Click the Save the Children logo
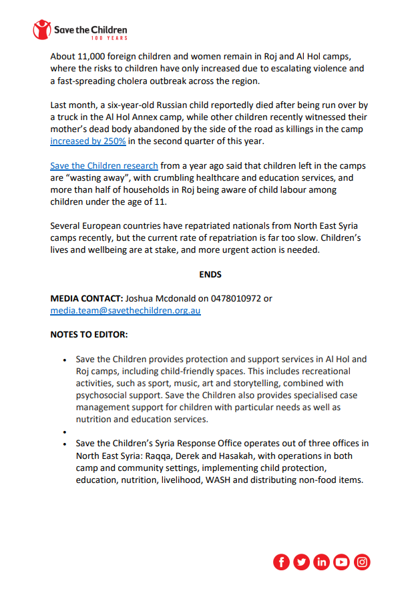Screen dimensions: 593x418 coord(80,31)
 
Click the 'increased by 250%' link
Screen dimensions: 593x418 coord(88,141)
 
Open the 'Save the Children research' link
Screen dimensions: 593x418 coord(104,166)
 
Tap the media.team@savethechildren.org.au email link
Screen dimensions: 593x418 coord(126,310)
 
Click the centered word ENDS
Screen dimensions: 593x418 coord(210,274)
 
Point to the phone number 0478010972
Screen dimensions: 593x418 coord(238,299)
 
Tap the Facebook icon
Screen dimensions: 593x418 coord(282,562)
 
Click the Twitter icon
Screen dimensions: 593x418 coord(302,562)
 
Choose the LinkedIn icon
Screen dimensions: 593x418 coord(322,562)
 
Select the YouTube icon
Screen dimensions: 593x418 coord(342,562)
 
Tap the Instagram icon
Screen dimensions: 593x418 coord(362,562)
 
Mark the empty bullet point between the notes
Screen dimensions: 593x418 coord(64,432)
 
